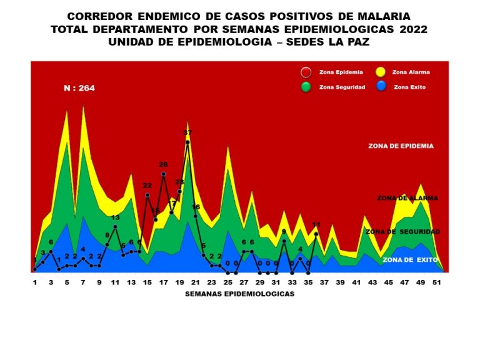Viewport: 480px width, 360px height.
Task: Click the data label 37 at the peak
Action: tap(187, 133)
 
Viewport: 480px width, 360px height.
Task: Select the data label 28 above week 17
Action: tap(163, 165)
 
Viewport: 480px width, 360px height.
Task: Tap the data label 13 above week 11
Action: tap(116, 217)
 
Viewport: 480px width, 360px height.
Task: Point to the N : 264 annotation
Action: tap(79, 88)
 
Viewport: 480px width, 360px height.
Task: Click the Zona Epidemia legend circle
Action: tap(306, 72)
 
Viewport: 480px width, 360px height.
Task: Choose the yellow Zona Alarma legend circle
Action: tap(380, 72)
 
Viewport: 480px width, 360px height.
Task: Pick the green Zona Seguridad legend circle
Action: tap(306, 87)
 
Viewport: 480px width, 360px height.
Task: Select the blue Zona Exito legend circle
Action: tap(380, 87)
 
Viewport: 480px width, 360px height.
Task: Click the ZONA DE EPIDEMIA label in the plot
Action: tap(401, 146)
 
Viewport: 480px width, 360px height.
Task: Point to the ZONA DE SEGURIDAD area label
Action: tap(402, 231)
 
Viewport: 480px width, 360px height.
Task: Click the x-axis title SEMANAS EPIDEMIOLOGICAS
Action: tap(239, 293)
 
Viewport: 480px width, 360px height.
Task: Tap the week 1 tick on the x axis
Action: tap(35, 282)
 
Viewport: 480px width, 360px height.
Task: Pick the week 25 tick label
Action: tap(228, 282)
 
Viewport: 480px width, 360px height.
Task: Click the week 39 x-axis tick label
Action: tap(341, 282)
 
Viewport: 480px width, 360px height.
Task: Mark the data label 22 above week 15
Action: tap(147, 186)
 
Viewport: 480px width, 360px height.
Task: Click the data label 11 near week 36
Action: tap(316, 224)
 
